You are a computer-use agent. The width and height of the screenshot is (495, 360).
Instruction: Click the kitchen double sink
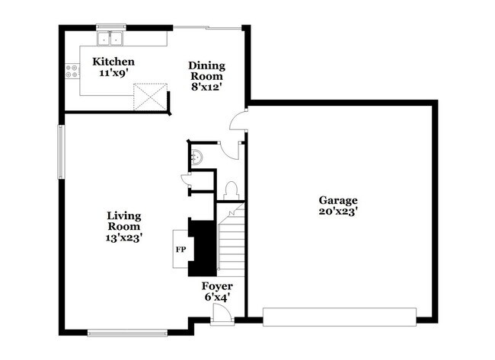112,39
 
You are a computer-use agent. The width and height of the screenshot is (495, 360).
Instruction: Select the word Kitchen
113,62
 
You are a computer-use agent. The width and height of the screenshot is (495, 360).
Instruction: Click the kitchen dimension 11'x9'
113,74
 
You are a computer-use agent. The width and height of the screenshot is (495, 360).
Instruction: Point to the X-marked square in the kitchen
149,97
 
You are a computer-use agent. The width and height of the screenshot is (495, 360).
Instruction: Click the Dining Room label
206,71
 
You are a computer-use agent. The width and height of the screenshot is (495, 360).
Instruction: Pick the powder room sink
196,158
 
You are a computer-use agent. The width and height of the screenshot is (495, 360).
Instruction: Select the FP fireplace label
180,249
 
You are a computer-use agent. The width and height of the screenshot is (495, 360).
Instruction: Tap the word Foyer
217,286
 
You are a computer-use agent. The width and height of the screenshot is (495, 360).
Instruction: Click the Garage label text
338,200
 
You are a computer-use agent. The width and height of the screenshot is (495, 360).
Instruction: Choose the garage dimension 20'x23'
338,212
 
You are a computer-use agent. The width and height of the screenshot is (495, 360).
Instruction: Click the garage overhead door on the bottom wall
339,316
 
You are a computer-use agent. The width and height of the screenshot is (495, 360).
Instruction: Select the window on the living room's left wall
62,152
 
